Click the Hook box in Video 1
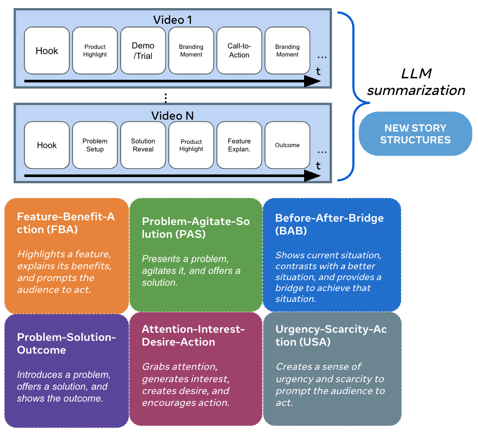pos(47,51)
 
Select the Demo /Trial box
pos(143,51)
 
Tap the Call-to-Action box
pos(239,51)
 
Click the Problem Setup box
pos(95,145)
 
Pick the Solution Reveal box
pos(143,145)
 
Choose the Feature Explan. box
pos(239,145)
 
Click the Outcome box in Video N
pos(287,145)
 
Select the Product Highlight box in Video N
pos(191,145)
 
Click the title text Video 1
pos(172,20)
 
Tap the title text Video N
pos(172,116)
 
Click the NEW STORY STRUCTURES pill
pos(415,134)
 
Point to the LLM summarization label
pos(416,82)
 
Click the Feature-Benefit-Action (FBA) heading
pos(66,223)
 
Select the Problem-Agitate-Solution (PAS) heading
pos(195,228)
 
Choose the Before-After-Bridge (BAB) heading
pos(329,224)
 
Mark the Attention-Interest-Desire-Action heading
pos(193,336)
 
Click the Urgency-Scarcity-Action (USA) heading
pos(331,336)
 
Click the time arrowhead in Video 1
pos(312,82)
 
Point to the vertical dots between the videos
pos(165,98)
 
